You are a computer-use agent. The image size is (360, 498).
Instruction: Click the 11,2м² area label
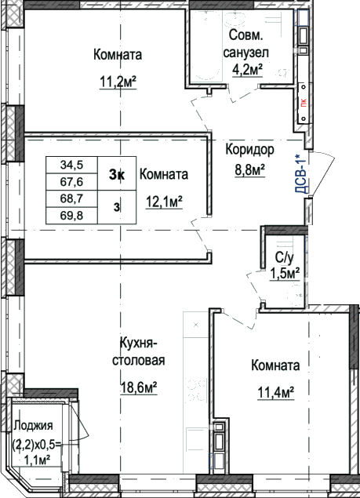pos(118,82)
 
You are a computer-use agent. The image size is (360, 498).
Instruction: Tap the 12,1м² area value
pos(164,202)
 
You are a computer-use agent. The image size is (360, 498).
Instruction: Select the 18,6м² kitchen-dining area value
pos(139,387)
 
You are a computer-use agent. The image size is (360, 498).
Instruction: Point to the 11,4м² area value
pos(275,393)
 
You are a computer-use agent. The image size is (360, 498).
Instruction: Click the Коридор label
pos(249,149)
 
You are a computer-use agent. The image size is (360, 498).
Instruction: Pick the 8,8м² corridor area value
pos(250,170)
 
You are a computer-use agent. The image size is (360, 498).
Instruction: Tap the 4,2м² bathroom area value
pos(248,70)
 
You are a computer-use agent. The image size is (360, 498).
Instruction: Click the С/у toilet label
pos(285,258)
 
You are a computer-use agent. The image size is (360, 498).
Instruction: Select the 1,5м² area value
pos(285,273)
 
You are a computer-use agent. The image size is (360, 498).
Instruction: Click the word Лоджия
pos(34,425)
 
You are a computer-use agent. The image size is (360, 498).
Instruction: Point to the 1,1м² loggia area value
pos(38,460)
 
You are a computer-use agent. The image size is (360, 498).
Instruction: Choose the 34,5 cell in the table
pos(72,165)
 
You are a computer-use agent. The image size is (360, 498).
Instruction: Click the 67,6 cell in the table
pos(72,182)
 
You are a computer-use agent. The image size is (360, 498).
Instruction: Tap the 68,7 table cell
pos(72,199)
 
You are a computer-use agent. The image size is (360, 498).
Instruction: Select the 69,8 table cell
pos(72,216)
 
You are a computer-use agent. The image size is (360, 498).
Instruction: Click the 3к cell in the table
pos(117,174)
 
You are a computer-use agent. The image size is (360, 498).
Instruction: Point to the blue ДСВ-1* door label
pos(301,174)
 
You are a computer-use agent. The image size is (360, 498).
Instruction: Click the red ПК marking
pos(304,103)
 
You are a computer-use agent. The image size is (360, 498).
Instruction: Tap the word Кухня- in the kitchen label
pos(139,344)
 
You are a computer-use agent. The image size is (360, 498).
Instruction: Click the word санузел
pos(246,53)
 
